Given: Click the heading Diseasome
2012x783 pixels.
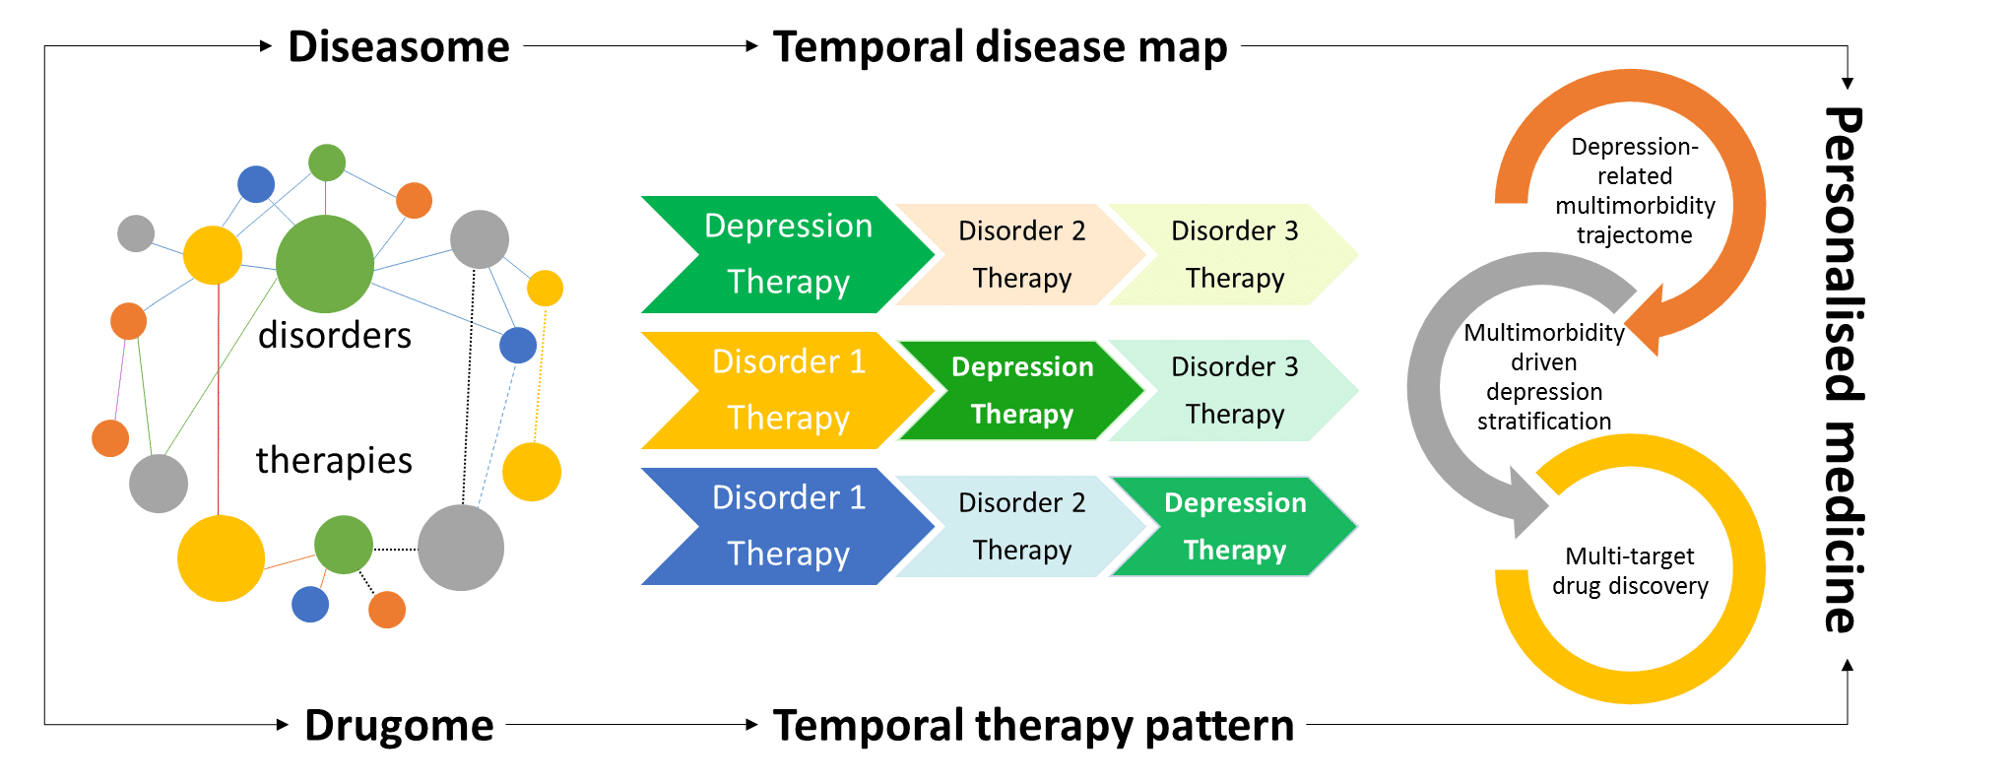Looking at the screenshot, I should point(398,46).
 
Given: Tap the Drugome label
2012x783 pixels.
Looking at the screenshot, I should point(399,725).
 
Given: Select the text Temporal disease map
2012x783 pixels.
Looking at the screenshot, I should point(1000,46).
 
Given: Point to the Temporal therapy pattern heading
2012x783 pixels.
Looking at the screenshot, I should point(1033,725).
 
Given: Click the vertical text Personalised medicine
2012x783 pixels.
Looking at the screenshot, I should point(1843,369).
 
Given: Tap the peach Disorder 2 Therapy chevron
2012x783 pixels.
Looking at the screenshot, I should point(1021,254).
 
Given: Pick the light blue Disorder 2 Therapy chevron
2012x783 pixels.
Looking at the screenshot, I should point(1021,526).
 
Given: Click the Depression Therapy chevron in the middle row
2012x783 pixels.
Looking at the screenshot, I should point(1021,390).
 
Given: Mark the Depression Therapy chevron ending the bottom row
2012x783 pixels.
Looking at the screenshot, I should point(1235,526).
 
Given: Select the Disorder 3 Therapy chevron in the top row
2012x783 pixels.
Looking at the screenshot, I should point(1235,254).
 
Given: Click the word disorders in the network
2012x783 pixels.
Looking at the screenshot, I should point(335,336).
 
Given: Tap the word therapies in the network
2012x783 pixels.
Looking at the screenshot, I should point(334,460).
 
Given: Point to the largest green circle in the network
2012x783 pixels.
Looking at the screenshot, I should point(325,264).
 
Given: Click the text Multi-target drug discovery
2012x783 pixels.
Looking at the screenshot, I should point(1630,571).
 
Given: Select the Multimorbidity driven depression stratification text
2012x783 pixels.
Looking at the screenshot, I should point(1544,377).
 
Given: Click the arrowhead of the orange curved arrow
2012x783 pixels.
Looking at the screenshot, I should point(1647,319).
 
